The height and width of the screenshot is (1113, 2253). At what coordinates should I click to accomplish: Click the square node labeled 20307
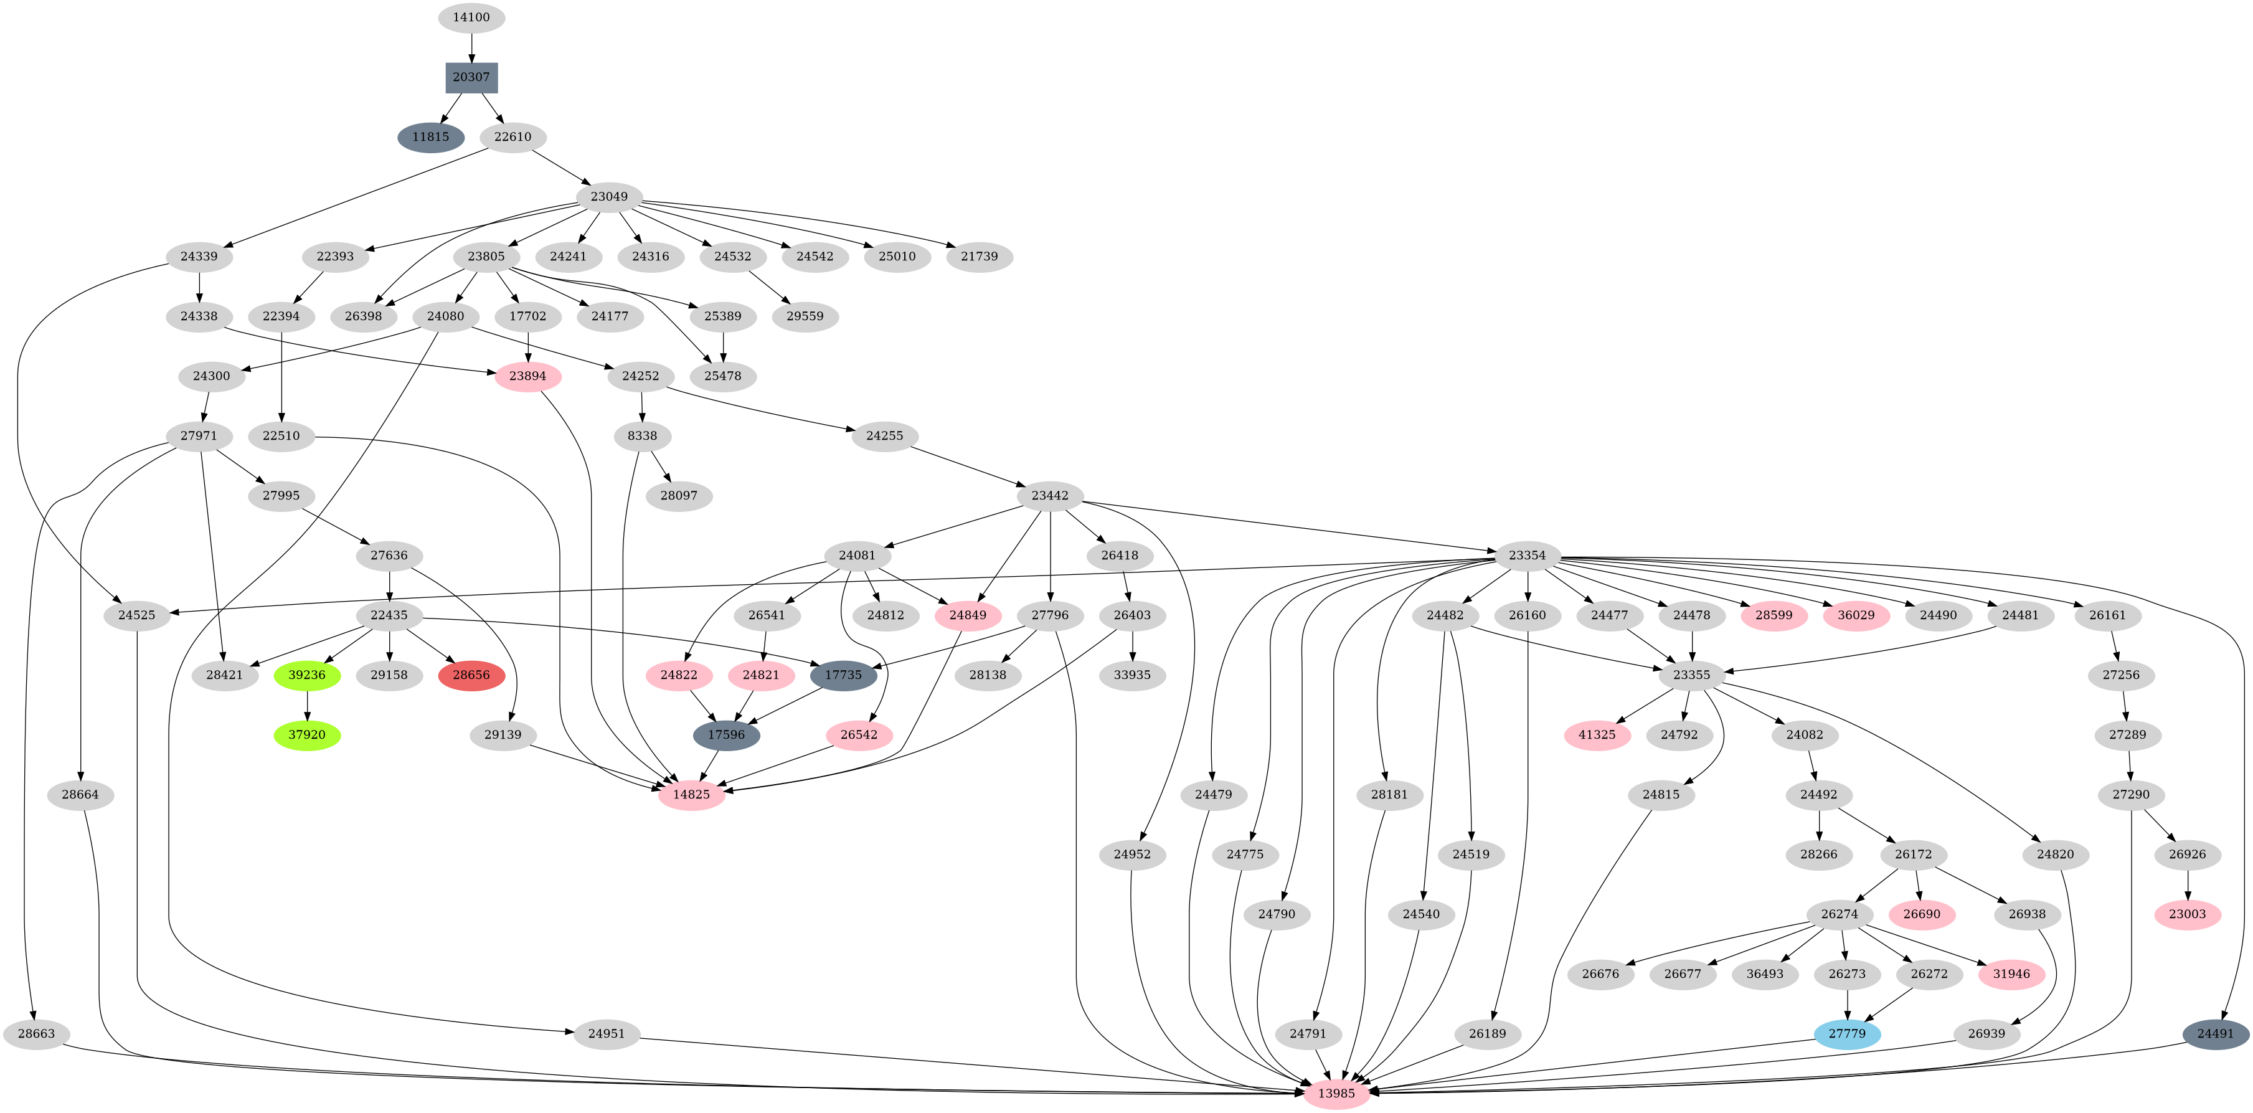tap(471, 77)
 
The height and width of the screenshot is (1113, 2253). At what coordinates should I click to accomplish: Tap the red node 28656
tap(471, 675)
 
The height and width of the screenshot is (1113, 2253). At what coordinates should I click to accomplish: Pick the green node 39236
tap(307, 675)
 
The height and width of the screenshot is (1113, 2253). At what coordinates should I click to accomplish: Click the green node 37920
tap(307, 735)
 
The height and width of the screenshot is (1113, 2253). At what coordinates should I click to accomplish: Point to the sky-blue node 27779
tap(1846, 1033)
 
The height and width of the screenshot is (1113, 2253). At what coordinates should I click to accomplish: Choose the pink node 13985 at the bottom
tap(1336, 1094)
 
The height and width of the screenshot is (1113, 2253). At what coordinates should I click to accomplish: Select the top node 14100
tap(471, 17)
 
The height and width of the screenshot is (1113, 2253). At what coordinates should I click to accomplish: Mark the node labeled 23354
tap(1526, 556)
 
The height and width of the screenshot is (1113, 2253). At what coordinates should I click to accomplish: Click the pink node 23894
tap(527, 376)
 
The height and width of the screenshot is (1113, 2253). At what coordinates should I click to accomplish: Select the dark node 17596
tap(726, 735)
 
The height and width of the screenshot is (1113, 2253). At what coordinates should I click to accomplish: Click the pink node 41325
tap(1597, 735)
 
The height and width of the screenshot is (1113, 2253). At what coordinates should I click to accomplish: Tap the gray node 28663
tap(36, 1033)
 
